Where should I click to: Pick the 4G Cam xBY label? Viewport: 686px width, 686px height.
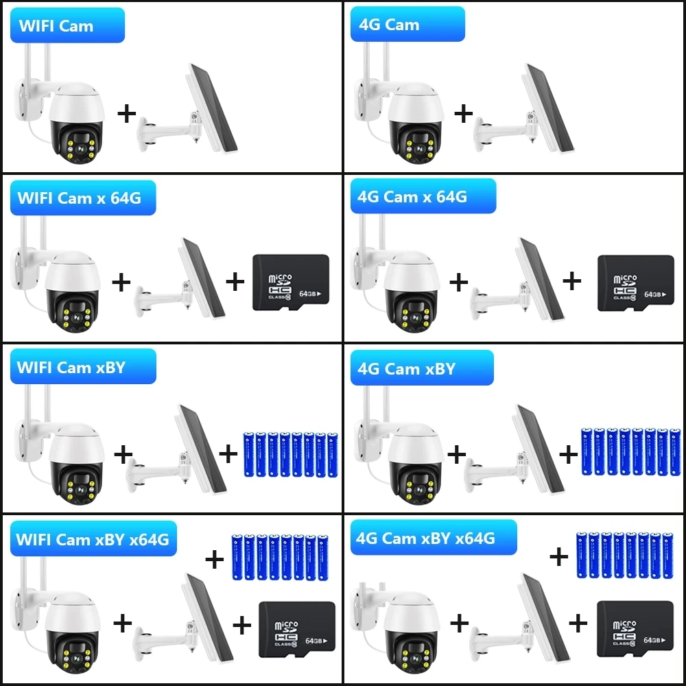click(x=421, y=368)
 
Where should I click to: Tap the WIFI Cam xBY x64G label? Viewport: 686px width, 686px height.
click(x=93, y=539)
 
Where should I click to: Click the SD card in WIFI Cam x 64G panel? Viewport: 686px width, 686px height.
click(x=290, y=283)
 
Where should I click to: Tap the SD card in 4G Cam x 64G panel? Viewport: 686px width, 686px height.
click(x=635, y=283)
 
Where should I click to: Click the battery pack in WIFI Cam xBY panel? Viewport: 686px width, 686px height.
click(x=290, y=454)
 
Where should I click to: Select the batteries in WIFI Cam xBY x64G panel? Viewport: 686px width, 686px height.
click(x=279, y=556)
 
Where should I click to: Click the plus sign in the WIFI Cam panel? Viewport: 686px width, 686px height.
click(x=126, y=113)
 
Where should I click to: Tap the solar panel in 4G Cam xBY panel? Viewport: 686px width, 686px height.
click(x=540, y=449)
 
